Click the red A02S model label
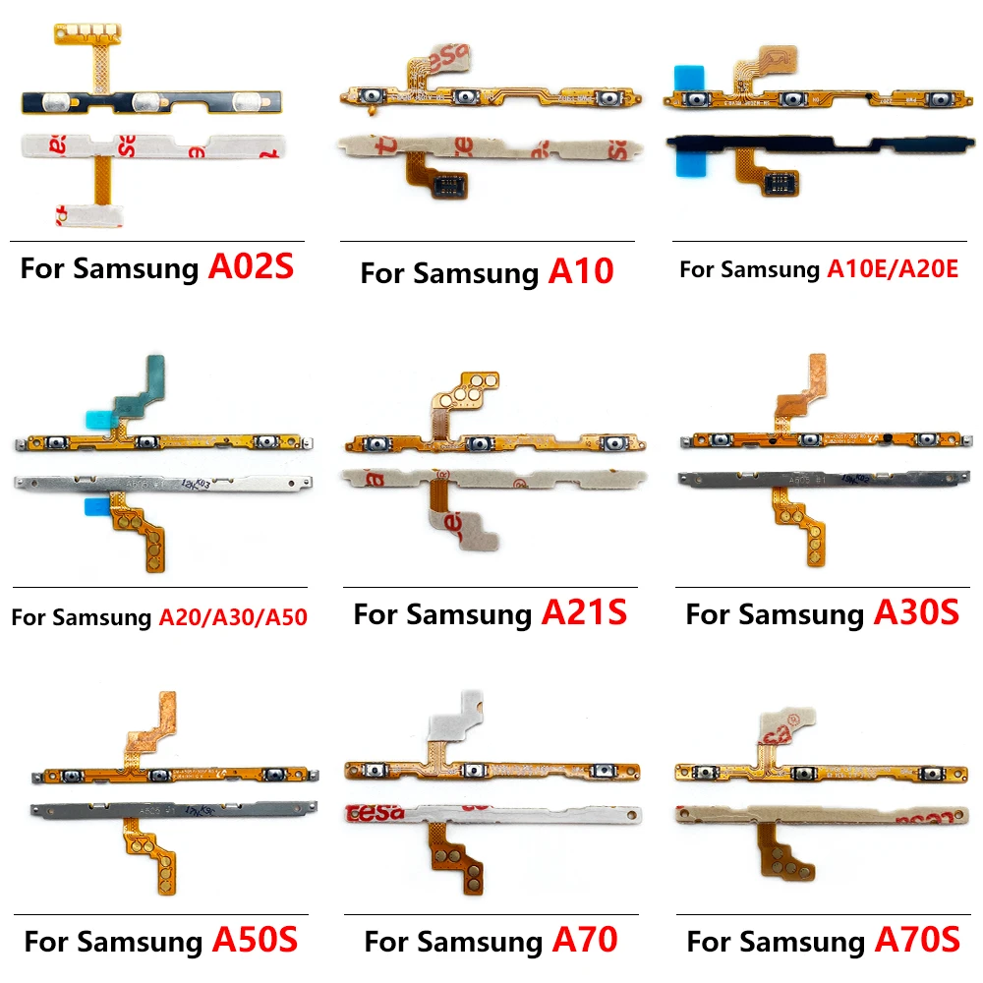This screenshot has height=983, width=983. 251,268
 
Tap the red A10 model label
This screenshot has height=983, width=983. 580,272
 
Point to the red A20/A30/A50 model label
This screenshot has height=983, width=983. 233,617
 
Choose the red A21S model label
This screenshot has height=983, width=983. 584,614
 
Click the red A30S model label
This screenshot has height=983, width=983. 916,614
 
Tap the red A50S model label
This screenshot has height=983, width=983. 255,941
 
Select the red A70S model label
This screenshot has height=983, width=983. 916,941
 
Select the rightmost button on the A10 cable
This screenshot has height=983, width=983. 613,99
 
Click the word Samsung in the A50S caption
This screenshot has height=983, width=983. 140,942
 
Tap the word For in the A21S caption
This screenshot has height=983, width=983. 376,615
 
